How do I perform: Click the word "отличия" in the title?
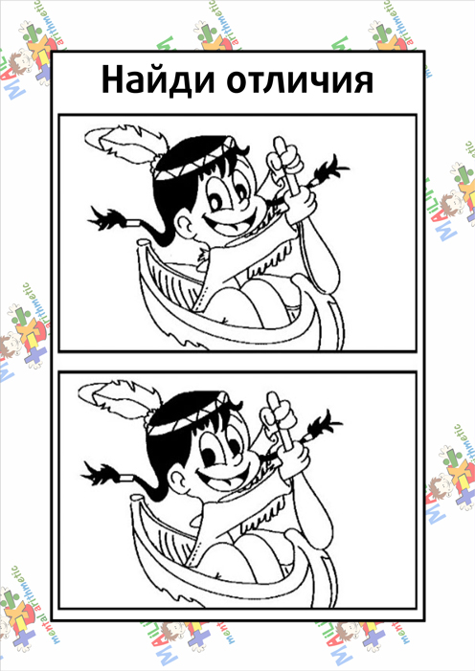[300, 81]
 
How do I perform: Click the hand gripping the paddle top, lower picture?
[276, 416]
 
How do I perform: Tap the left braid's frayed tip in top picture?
[105, 219]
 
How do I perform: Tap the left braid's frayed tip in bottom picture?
[99, 475]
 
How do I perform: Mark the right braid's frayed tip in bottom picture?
[325, 427]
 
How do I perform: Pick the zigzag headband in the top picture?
[194, 161]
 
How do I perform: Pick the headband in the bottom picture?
[189, 417]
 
